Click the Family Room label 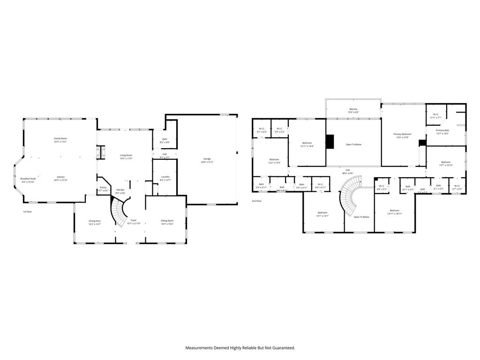(60, 139)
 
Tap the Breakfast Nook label (28, 179)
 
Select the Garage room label (207, 159)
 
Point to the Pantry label (103, 187)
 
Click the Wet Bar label (120, 190)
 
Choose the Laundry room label (165, 177)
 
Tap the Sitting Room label (167, 221)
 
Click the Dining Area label (95, 221)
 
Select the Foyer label (134, 220)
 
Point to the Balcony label (353, 109)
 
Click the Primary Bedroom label (402, 134)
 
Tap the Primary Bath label (442, 130)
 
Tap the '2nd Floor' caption (256, 201)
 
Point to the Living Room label (126, 155)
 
